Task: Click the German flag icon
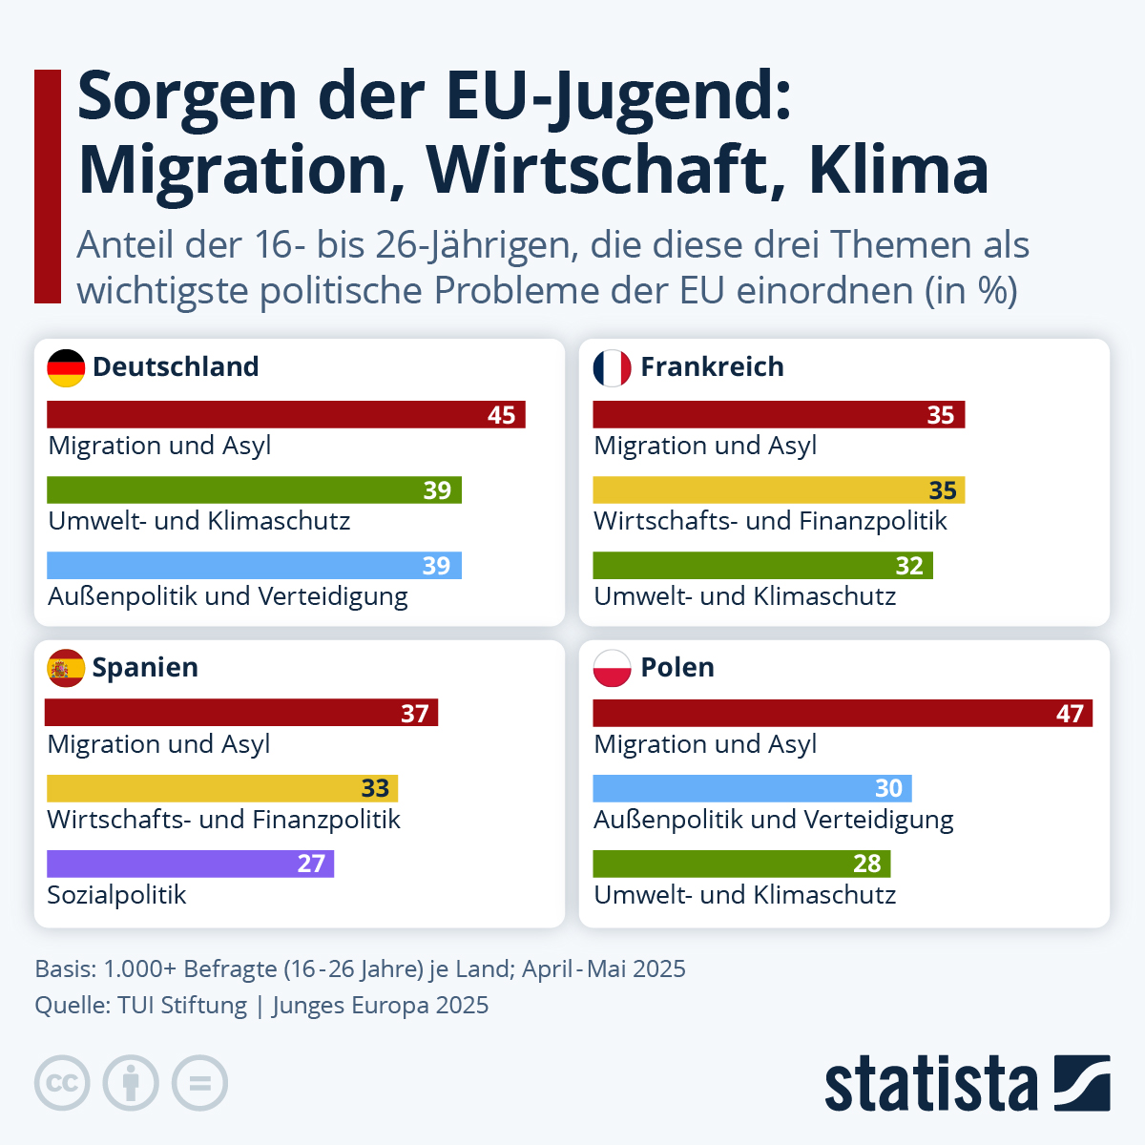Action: pyautogui.click(x=66, y=367)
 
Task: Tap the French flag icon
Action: pyautogui.click(x=612, y=367)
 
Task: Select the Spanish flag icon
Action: pyautogui.click(x=66, y=668)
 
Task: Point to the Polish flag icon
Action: pyautogui.click(x=612, y=668)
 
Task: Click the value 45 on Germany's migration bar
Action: pyautogui.click(x=501, y=415)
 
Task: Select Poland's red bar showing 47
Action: pyautogui.click(x=842, y=713)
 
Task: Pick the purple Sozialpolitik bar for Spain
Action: pyautogui.click(x=190, y=864)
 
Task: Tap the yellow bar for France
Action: pyautogui.click(x=779, y=490)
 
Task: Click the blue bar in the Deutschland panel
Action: pyautogui.click(x=254, y=565)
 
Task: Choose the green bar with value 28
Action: pyautogui.click(x=741, y=864)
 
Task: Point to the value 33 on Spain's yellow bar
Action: pyautogui.click(x=375, y=788)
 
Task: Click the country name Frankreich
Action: pyautogui.click(x=712, y=367)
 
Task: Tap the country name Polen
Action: pyautogui.click(x=677, y=668)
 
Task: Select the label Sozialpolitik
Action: pyautogui.click(x=116, y=895)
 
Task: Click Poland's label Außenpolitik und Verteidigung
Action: pyautogui.click(x=773, y=820)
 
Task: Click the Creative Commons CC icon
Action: pyautogui.click(x=62, y=1083)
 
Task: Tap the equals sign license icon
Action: pyautogui.click(x=199, y=1083)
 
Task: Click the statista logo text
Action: pyautogui.click(x=930, y=1083)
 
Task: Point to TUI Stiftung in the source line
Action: pyautogui.click(x=182, y=1006)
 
